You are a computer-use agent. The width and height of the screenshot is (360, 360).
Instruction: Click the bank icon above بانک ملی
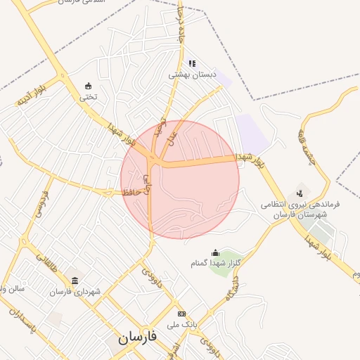pos(181,314)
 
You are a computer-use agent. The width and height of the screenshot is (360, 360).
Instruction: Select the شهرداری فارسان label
pos(75,291)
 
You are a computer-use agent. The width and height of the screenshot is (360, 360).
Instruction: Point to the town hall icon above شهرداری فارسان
pos(75,281)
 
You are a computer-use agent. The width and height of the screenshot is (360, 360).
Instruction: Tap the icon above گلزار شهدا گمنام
pos(215,252)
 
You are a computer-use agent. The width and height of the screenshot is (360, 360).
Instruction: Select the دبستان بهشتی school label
pos(188,74)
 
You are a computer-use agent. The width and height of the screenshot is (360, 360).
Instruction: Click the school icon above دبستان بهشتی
pos(191,63)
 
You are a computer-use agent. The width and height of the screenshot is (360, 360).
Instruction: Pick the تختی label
pos(88,97)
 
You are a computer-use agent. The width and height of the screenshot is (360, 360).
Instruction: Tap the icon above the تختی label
pos(88,86)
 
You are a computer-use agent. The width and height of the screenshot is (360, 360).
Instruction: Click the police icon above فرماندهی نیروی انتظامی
pos(300,193)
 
